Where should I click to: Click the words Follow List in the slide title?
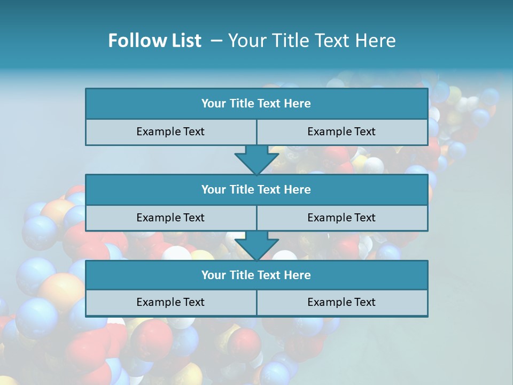(154, 41)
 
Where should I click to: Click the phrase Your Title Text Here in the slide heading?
(312, 41)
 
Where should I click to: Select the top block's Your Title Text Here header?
(256, 104)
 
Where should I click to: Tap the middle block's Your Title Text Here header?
(256, 189)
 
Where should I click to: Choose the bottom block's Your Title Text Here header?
(256, 275)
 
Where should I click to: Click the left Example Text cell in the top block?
(170, 132)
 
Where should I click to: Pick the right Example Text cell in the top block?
(341, 132)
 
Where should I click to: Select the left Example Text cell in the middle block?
(170, 218)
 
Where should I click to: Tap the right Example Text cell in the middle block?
(341, 218)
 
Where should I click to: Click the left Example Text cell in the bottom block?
(170, 302)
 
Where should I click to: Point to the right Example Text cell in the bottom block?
(341, 302)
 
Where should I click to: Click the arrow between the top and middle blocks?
(256, 159)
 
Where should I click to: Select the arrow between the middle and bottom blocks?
(256, 245)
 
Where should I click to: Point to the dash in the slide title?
(216, 41)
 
